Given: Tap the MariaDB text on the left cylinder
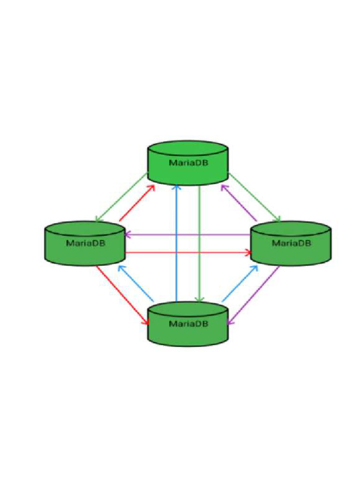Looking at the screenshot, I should [x=85, y=243].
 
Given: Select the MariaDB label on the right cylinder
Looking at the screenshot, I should [x=292, y=243].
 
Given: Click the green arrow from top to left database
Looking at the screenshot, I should [x=121, y=197].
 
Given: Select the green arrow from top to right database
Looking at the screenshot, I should [x=255, y=197].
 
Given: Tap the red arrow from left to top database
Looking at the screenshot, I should [x=137, y=202].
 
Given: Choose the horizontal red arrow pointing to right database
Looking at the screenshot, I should [x=187, y=253].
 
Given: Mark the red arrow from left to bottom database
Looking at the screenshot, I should [x=123, y=295].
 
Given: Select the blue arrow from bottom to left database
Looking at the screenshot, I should [x=136, y=283].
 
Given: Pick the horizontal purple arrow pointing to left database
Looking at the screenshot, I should [x=187, y=234].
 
